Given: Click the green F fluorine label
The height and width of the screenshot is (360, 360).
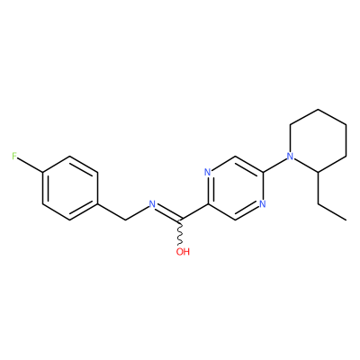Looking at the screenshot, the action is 14,156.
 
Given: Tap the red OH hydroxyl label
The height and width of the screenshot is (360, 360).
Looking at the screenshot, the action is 183,251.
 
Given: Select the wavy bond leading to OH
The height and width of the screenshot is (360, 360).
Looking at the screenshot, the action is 180,233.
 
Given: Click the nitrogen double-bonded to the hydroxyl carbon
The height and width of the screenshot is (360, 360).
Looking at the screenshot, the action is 152,204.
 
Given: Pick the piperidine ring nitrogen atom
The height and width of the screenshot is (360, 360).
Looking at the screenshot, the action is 290,156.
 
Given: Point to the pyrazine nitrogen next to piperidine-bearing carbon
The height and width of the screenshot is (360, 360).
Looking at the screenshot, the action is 263,204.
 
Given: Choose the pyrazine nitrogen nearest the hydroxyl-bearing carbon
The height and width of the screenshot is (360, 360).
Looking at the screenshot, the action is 207,172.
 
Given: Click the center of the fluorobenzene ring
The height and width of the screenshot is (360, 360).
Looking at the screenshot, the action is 70,188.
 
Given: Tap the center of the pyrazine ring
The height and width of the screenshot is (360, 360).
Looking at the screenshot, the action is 235,188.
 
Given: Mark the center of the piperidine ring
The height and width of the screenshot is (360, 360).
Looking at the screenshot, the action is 318,140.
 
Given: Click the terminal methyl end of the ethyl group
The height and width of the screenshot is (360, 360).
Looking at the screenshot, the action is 346,220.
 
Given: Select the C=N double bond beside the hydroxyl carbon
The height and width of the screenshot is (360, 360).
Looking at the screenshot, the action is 166,211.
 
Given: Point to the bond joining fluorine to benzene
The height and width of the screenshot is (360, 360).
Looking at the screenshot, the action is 30,165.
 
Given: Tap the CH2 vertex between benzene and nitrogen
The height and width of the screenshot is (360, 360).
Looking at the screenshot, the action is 125,220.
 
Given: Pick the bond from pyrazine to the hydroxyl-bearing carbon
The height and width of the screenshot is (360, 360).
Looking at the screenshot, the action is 193,212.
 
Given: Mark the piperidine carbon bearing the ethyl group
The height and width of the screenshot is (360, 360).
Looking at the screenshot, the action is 318,172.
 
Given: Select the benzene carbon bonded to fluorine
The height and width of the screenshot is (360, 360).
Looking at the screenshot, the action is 43,172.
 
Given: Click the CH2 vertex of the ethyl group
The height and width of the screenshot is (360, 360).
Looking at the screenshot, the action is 318,204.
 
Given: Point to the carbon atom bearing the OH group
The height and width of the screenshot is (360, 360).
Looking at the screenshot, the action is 180,220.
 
